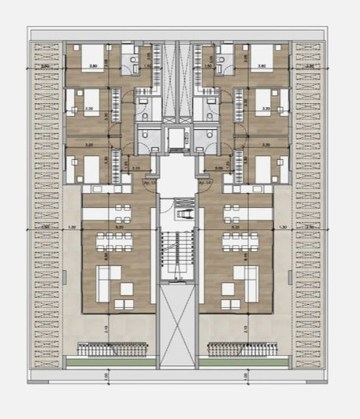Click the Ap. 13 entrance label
(x=148, y=182)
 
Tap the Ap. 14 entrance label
(x=205, y=182)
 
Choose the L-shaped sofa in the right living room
(x=245, y=280)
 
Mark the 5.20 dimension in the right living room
(x=235, y=228)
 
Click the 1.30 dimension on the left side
(x=72, y=228)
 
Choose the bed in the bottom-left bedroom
(x=87, y=168)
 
